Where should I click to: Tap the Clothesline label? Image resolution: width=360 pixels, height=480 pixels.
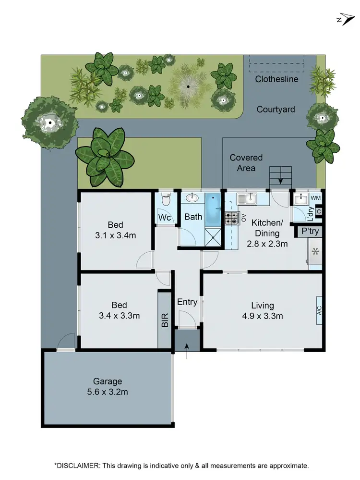[x=276, y=79]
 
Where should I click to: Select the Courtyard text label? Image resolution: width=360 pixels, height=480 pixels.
[x=276, y=110]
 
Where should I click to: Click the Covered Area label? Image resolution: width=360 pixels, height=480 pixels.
[x=246, y=163]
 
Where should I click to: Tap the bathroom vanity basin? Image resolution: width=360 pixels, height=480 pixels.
[x=193, y=198]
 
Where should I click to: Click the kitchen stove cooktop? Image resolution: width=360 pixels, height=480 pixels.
[x=231, y=219]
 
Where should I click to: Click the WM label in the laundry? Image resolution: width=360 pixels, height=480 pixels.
[x=315, y=198]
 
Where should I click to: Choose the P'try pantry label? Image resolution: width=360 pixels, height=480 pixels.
[x=310, y=232]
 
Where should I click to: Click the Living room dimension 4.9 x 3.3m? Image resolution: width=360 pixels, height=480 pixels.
[x=263, y=316]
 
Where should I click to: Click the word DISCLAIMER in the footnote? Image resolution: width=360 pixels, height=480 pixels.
[x=79, y=466]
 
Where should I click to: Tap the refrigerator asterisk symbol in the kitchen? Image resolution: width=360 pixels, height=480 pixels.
[x=315, y=251]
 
